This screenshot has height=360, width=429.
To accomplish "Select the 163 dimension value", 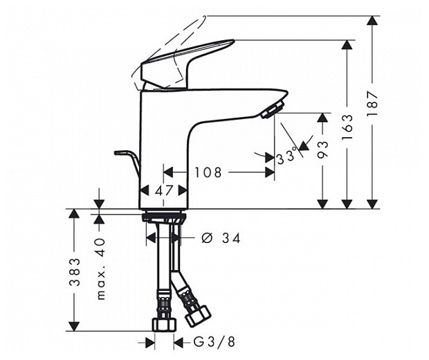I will [348, 127].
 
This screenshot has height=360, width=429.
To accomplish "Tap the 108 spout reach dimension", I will [208, 172].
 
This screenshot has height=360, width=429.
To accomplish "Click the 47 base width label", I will [164, 190].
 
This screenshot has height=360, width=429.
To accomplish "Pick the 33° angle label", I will [286, 158].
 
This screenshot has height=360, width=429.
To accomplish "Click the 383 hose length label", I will [75, 272].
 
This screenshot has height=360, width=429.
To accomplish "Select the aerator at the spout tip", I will [273, 109].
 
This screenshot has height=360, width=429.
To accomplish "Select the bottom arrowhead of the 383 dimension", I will [75, 325].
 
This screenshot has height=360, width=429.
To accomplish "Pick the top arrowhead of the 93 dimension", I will [322, 119].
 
